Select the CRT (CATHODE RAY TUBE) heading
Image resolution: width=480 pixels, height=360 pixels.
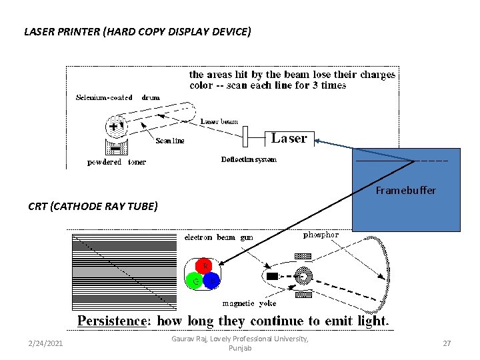tap(93, 206)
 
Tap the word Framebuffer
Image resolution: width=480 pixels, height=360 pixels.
tap(405, 191)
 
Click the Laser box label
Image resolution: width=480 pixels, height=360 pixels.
tap(289, 139)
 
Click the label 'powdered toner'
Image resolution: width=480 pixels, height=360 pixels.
tap(117, 162)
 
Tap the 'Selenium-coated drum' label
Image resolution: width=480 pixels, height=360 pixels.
tap(118, 97)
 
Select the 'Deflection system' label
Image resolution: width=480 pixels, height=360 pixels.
tap(249, 159)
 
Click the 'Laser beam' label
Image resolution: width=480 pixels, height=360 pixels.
tap(219, 122)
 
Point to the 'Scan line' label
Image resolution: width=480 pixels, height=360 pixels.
tap(169, 141)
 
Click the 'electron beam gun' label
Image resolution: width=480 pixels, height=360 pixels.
tap(219, 237)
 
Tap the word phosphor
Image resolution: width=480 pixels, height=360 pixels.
tap(321, 235)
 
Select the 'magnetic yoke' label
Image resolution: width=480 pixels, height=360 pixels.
tap(249, 303)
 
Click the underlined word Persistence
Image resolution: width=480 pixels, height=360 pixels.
tap(112, 321)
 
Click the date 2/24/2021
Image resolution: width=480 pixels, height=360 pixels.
tap(46, 343)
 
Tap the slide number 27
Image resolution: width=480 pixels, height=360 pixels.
tap(447, 343)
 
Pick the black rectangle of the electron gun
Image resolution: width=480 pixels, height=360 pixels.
tap(271, 276)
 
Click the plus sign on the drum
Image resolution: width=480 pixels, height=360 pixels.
tap(114, 125)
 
